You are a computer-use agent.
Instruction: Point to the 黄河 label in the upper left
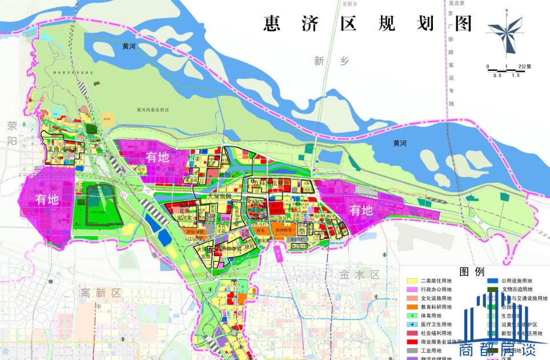point(130,47)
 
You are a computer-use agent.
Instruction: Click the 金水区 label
point(359,274)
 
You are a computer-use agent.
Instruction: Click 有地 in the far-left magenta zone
point(47,199)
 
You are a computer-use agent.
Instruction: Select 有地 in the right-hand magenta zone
point(361,210)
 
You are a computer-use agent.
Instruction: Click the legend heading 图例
point(472,271)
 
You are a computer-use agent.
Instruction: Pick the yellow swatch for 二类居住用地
point(412,281)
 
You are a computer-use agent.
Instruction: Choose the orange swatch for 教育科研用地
point(412,307)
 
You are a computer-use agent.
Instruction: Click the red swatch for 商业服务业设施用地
point(412,341)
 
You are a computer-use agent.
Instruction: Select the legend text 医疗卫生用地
point(436,324)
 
